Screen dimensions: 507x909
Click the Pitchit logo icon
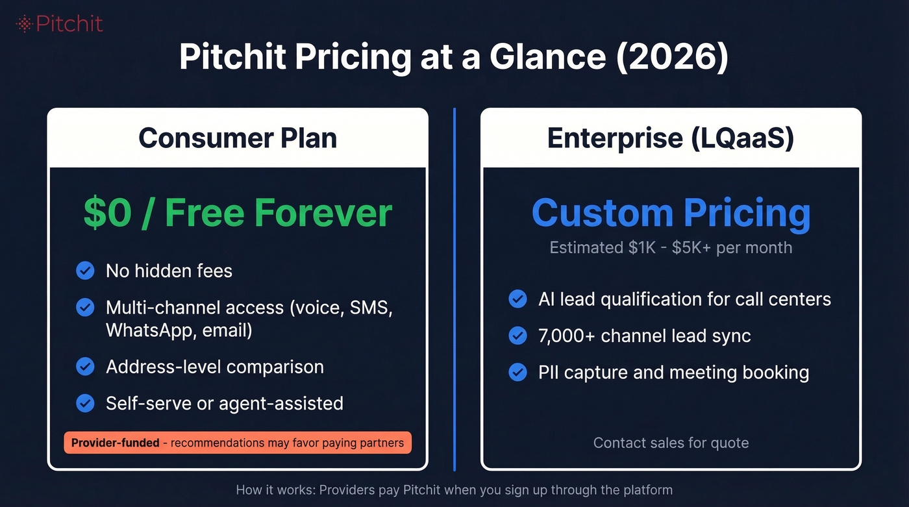point(24,24)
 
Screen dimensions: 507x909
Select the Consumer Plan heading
point(238,138)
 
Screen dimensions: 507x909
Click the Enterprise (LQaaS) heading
point(671,138)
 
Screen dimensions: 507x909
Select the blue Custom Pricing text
point(671,213)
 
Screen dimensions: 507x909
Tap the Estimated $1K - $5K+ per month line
point(671,248)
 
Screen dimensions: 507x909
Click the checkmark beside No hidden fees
point(85,271)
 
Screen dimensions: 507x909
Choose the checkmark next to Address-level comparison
point(85,367)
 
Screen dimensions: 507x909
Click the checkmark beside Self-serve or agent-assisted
point(85,403)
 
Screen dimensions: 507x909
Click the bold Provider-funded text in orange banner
point(115,443)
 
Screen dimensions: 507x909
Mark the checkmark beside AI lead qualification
point(517,299)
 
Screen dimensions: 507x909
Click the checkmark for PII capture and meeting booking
point(517,373)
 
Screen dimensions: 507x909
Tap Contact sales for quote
point(671,443)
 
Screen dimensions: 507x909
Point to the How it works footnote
point(454,490)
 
